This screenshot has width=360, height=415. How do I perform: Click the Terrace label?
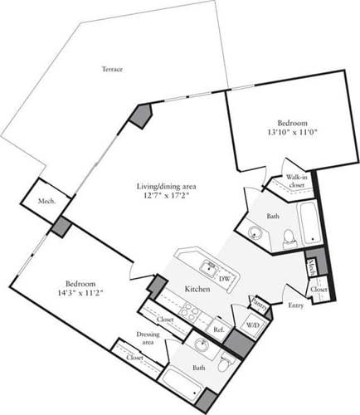click(x=113, y=69)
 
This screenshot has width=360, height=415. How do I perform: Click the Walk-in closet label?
click(x=298, y=181)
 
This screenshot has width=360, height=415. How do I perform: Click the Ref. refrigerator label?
click(x=220, y=330)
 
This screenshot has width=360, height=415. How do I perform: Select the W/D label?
click(x=253, y=326)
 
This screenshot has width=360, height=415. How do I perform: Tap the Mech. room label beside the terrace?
click(x=46, y=201)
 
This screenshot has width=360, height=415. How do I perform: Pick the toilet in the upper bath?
click(x=288, y=237)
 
